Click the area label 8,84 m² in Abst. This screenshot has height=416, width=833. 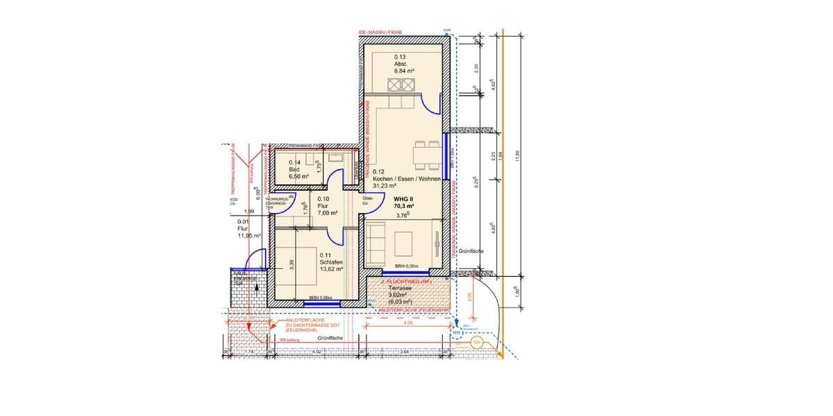(x=405, y=71)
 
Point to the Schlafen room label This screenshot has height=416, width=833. (x=329, y=262)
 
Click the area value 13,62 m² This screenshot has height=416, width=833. (x=330, y=270)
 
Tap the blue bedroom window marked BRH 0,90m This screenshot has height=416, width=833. (x=320, y=303)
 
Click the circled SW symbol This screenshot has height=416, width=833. (x=477, y=343)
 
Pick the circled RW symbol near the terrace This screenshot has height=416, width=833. (x=457, y=333)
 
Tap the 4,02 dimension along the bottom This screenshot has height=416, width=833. (x=316, y=352)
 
